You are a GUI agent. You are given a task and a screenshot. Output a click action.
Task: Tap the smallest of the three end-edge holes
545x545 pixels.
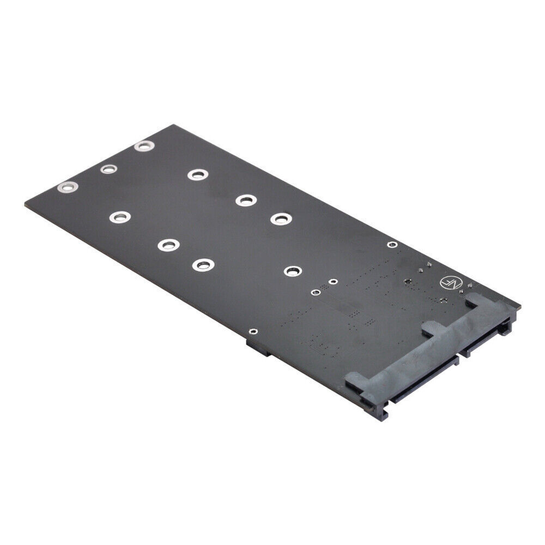tap(109, 169)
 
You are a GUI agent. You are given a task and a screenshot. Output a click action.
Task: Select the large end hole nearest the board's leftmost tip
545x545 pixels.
tap(68, 187)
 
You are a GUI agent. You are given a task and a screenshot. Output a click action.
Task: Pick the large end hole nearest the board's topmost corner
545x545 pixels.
tap(144, 146)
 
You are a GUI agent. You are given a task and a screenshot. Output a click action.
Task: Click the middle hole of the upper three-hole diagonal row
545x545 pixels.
tap(246, 201)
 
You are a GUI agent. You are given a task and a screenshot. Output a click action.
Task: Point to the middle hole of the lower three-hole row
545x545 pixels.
tap(168, 245)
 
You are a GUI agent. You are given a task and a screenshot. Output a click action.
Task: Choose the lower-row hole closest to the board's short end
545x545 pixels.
tap(120, 217)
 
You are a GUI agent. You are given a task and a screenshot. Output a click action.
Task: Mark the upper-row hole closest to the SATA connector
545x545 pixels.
tap(281, 219)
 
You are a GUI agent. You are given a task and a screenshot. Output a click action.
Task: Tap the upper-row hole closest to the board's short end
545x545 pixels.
tap(198, 174)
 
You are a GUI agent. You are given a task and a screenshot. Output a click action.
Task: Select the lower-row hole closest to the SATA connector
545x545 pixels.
tap(203, 265)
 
